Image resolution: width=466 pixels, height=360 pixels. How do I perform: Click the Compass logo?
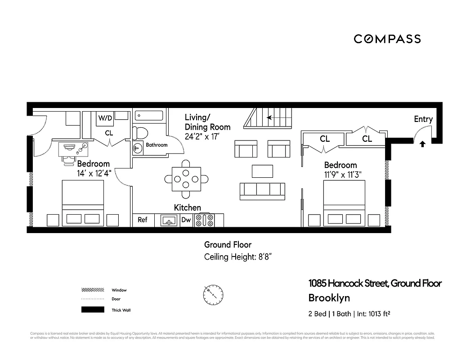click(387, 39)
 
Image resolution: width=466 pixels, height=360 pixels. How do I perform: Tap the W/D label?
click(105, 118)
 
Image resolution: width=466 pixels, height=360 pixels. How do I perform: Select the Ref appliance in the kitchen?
click(143, 220)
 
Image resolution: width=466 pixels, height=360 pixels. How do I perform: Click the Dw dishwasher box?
click(186, 220)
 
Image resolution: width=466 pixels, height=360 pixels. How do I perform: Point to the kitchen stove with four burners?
click(205, 220)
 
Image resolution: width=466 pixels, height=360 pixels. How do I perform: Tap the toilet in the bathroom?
click(140, 133)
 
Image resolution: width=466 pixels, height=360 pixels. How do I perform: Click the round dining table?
click(186, 179)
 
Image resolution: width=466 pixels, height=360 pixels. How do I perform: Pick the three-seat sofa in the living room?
click(262, 191)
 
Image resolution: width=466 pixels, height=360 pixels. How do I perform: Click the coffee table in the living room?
click(262, 171)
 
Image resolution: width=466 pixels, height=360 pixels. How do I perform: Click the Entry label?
click(423, 119)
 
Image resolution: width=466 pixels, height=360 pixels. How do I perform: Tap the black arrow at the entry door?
click(422, 144)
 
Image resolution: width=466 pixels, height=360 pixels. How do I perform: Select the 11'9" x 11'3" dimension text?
click(343, 175)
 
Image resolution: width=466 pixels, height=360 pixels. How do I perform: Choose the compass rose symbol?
click(213, 294)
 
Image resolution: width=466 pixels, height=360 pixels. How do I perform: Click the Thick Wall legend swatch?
click(93, 310)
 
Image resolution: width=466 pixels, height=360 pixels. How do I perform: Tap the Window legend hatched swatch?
click(93, 290)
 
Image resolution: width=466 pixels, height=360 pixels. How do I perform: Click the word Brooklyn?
click(329, 298)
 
